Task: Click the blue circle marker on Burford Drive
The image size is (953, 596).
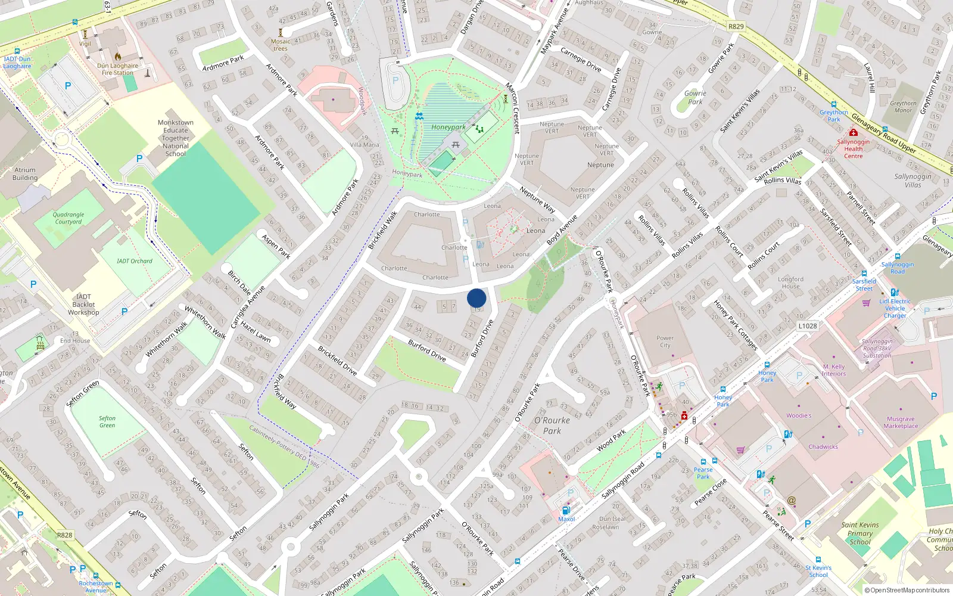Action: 476,298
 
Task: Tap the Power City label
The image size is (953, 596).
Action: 665,342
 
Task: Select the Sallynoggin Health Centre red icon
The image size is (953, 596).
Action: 854,132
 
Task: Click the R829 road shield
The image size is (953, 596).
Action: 736,26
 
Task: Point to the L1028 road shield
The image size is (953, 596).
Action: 808,326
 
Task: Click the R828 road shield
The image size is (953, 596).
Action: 64,535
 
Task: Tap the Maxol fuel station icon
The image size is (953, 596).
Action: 566,510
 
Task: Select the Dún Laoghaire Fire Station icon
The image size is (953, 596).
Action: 118,57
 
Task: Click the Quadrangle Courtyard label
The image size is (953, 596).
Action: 68,218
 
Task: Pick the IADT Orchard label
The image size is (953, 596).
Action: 134,261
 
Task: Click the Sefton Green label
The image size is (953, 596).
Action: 107,421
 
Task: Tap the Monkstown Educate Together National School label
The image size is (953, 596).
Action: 175,138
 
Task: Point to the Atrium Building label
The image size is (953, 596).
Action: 25,173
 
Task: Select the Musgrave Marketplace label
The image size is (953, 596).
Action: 901,422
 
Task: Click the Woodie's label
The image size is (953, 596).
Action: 798,415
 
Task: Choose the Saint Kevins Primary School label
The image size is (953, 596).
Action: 859,533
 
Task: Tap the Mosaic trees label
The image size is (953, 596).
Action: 281,45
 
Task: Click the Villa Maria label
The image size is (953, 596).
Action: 364,145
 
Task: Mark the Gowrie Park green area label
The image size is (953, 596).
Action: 694,98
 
